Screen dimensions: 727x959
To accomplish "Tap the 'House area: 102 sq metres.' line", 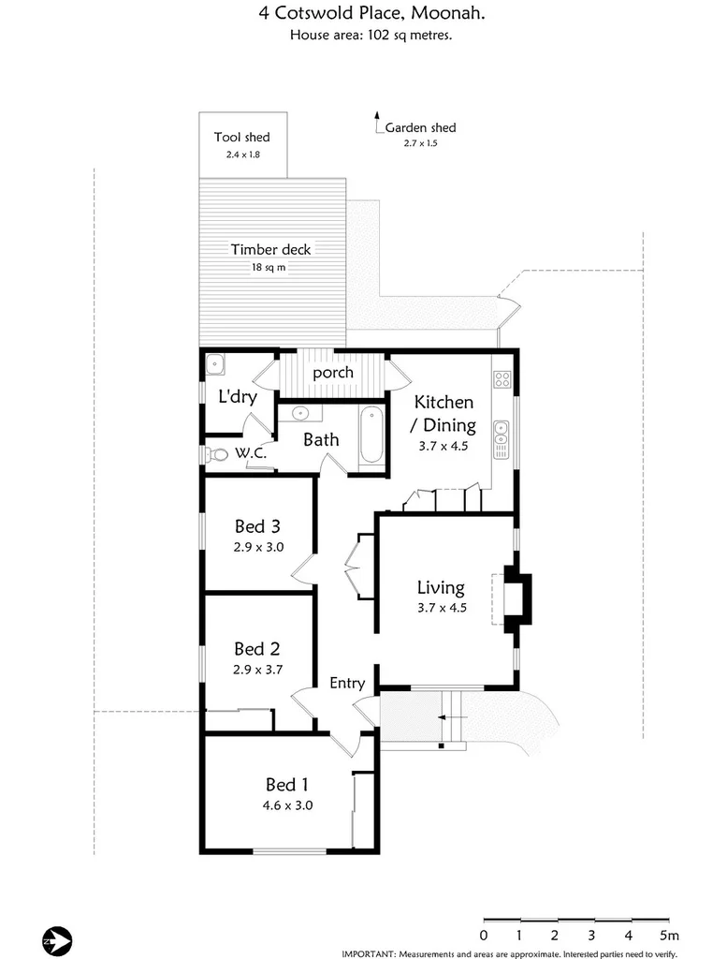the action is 372,36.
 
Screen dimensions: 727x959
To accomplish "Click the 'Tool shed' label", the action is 241,138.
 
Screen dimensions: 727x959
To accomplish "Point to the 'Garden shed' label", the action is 420,128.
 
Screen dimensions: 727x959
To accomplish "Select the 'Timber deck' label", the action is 270,250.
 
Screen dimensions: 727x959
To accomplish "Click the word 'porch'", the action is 333,373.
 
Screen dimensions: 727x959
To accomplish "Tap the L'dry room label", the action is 238,397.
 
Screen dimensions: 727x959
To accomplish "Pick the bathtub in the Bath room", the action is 371,435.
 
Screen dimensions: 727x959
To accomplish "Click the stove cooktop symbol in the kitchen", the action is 502,379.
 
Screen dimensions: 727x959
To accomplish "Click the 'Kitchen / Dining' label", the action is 444,414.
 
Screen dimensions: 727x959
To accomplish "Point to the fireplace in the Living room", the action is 517,598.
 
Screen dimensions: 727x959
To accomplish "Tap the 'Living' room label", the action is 441,588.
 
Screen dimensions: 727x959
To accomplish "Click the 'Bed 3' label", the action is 257,526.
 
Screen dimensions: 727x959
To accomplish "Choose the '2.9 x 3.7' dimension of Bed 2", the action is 257,670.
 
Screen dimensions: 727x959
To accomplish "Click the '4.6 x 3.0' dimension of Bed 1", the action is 287,804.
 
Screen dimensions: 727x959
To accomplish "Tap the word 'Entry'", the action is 347,684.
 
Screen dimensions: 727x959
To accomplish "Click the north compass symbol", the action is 58,938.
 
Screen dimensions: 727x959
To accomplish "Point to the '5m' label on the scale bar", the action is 669,935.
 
